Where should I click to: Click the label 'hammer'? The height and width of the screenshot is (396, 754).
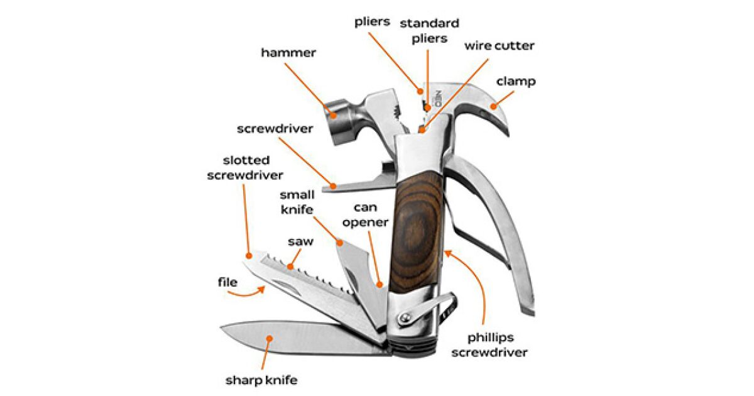click(288, 53)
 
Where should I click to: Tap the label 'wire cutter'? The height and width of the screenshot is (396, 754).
click(500, 46)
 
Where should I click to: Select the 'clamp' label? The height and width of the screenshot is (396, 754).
click(516, 82)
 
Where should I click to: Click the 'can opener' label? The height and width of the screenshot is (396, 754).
click(369, 214)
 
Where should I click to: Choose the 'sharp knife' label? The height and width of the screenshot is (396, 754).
click(261, 380)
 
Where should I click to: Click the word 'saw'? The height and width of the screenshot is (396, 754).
click(300, 241)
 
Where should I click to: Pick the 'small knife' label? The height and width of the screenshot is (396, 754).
click(297, 202)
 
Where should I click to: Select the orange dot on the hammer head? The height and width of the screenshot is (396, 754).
click(332, 114)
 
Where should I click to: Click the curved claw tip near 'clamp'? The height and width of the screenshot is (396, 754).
click(493, 106)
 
